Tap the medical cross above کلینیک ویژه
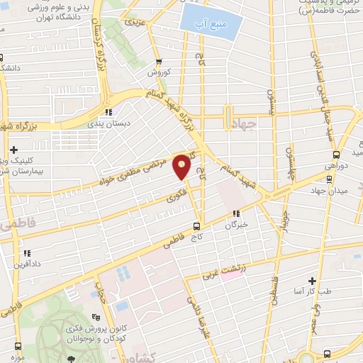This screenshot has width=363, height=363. [x=15, y=150]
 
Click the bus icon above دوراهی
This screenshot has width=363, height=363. [x=337, y=155]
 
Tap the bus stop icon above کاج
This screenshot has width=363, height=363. [x=197, y=228]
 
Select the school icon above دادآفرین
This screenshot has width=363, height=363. [x=26, y=252]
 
